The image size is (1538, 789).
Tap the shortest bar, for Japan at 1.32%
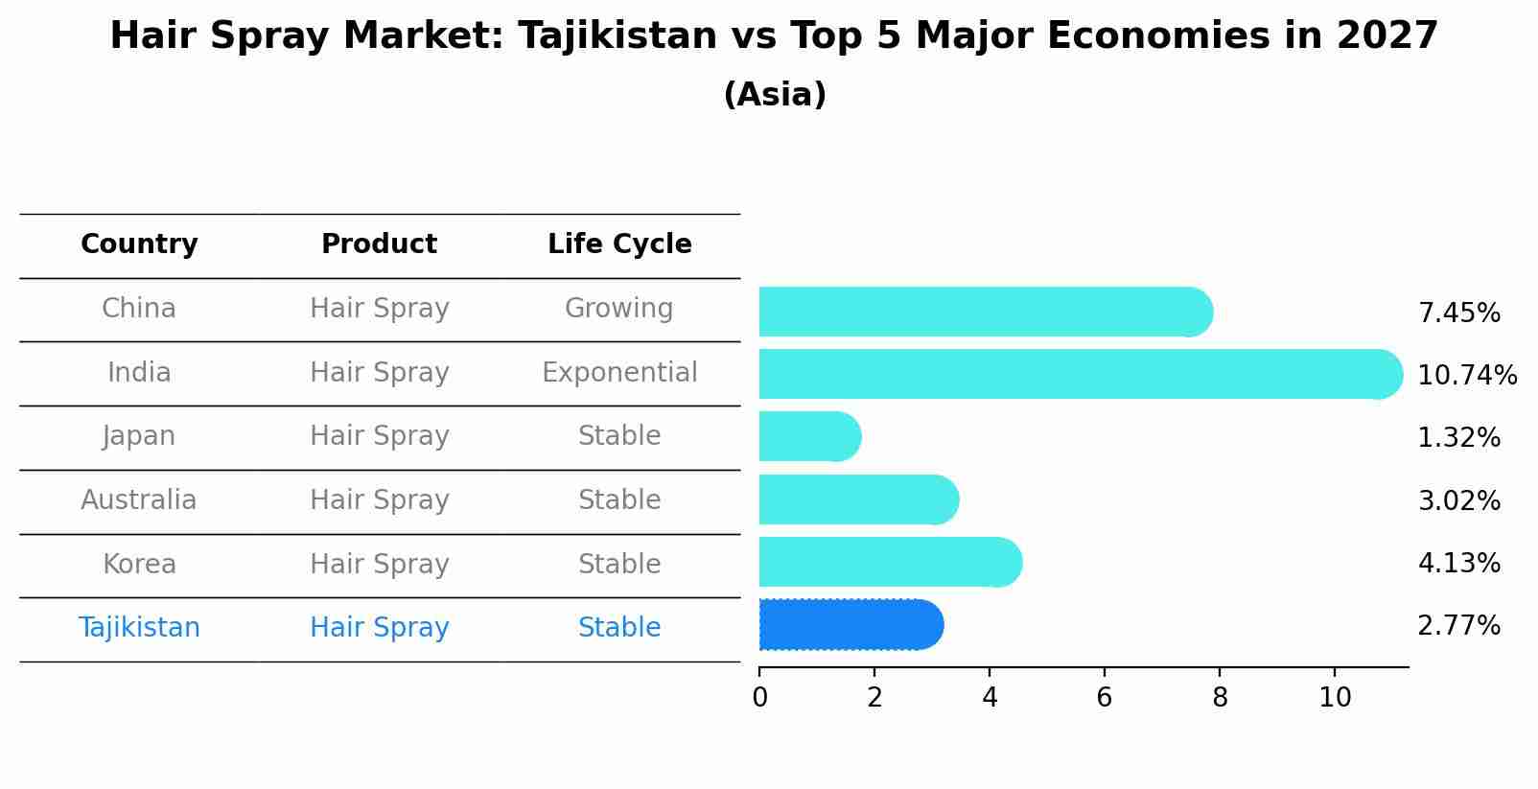(809, 436)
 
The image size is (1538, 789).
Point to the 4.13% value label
(1458, 563)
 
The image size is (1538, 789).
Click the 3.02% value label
(1458, 500)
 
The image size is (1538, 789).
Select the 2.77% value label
(1458, 626)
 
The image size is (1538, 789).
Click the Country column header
(139, 244)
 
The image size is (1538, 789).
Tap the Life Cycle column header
(619, 244)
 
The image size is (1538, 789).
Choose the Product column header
(379, 244)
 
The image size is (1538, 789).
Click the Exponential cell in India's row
(619, 373)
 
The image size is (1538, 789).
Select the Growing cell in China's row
(618, 309)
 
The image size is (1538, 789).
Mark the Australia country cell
(139, 500)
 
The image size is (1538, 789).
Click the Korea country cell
(139, 565)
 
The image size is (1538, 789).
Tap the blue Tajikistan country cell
(139, 628)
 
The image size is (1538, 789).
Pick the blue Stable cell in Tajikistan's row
(618, 628)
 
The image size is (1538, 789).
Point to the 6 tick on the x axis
(1105, 697)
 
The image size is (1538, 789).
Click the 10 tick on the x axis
(1335, 697)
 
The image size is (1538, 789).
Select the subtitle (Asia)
(775, 95)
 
